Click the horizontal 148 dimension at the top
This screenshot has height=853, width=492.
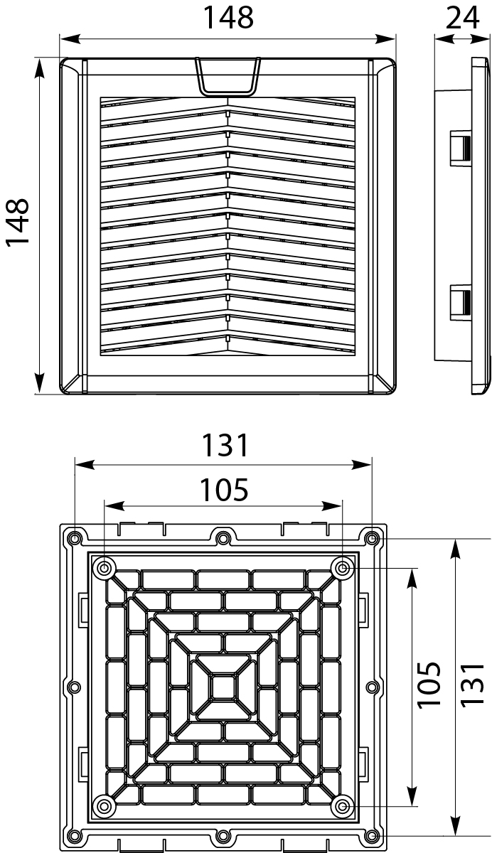click(x=228, y=18)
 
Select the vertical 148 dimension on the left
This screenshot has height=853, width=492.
click(x=18, y=222)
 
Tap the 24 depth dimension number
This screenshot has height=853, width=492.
click(x=462, y=18)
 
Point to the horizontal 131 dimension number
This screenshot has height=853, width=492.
click(x=225, y=446)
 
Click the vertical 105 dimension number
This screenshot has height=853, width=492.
click(x=429, y=685)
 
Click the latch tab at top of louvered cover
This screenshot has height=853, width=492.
click(x=228, y=75)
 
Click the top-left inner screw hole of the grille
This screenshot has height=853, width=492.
click(x=105, y=567)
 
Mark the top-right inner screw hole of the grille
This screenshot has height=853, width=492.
click(x=343, y=567)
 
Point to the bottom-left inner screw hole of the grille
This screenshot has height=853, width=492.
click(x=105, y=805)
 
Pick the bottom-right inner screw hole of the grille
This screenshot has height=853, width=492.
click(x=343, y=805)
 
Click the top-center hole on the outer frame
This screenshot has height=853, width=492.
click(x=223, y=536)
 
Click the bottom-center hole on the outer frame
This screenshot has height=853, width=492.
click(x=223, y=836)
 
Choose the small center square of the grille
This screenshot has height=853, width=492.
click(x=223, y=686)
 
